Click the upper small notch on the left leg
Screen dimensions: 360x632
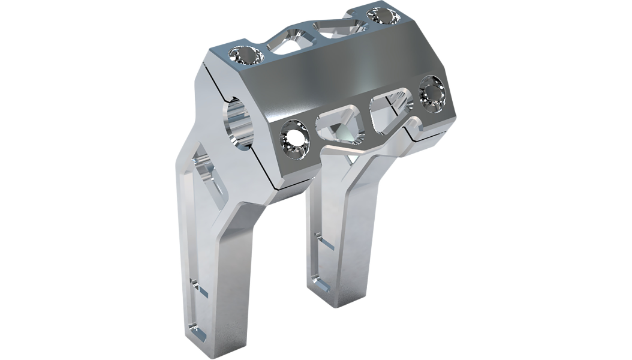(x=200, y=289)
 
